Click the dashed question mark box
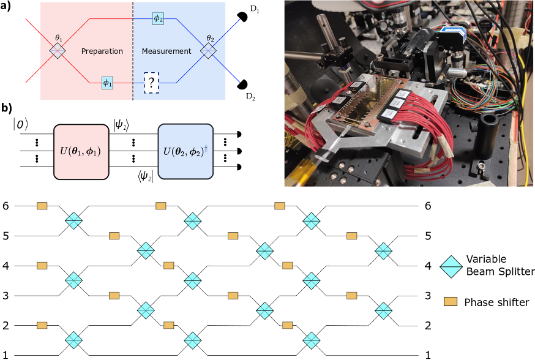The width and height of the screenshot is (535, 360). pyautogui.click(x=151, y=83)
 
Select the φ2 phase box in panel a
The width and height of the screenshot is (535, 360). pyautogui.click(x=158, y=19)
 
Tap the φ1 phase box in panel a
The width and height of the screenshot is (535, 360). pyautogui.click(x=108, y=83)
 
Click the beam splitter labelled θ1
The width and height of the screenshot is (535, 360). pyautogui.click(x=57, y=51)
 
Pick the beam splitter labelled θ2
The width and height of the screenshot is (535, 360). pyautogui.click(x=208, y=51)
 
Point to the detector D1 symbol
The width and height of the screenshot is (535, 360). pyautogui.click(x=242, y=17)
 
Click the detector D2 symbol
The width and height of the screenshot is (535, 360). pyautogui.click(x=242, y=84)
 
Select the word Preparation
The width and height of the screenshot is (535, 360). pyautogui.click(x=102, y=51)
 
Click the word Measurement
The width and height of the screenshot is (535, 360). pyautogui.click(x=166, y=51)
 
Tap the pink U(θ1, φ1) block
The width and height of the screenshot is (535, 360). pyautogui.click(x=81, y=151)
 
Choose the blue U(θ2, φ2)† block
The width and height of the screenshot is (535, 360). pyautogui.click(x=185, y=151)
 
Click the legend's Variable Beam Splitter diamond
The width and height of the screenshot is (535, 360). pyautogui.click(x=451, y=266)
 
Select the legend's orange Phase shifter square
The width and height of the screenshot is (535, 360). pyautogui.click(x=451, y=301)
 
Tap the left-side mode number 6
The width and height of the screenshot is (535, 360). pyautogui.click(x=6, y=206)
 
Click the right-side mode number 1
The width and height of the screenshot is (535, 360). pyautogui.click(x=428, y=355)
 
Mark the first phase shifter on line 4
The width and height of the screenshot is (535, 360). pyautogui.click(x=42, y=266)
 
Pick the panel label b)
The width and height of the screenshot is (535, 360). pyautogui.click(x=7, y=108)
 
